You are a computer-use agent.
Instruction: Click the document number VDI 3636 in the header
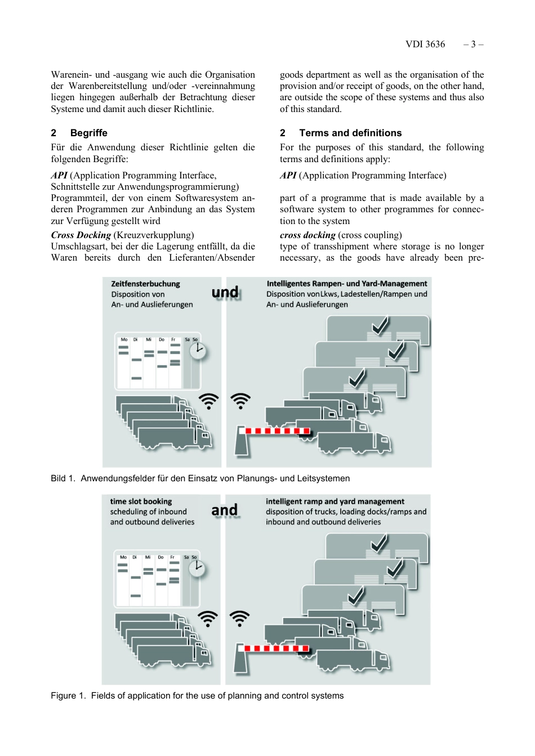pyautogui.click(x=425, y=44)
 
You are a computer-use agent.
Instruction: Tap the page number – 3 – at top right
pyautogui.click(x=473, y=44)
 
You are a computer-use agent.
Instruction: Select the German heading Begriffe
pyautogui.click(x=88, y=133)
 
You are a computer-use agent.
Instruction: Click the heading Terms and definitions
pyautogui.click(x=350, y=133)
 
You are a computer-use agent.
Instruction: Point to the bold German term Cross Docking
pyautogui.click(x=81, y=235)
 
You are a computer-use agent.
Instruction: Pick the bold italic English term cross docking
pyautogui.click(x=307, y=235)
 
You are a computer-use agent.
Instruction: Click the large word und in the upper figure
pyautogui.click(x=225, y=292)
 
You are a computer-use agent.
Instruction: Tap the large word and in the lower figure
pyautogui.click(x=224, y=510)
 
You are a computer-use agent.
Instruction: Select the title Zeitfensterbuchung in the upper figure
pyautogui.click(x=145, y=284)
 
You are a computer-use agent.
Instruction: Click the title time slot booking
pyautogui.click(x=141, y=502)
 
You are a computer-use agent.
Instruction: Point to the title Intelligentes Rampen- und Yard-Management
pyautogui.click(x=346, y=284)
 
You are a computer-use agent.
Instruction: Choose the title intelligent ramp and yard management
pyautogui.click(x=335, y=502)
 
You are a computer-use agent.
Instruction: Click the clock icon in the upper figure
pyautogui.click(x=198, y=351)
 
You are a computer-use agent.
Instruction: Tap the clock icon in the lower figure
pyautogui.click(x=197, y=569)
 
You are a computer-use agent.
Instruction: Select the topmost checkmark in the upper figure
pyautogui.click(x=380, y=325)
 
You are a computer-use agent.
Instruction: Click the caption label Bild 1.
pyautogui.click(x=63, y=478)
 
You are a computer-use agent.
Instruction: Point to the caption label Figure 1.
pyautogui.click(x=68, y=696)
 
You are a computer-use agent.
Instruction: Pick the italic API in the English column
pyautogui.click(x=288, y=176)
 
